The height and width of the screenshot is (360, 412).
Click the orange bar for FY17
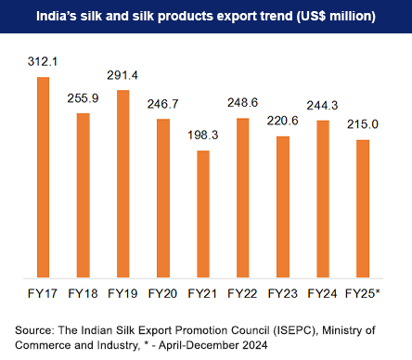click(42, 176)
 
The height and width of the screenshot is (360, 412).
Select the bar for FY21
click(202, 213)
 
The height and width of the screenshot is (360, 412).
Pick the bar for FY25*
click(362, 208)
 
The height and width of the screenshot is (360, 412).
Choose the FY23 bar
click(282, 206)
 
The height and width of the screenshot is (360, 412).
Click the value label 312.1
click(42, 62)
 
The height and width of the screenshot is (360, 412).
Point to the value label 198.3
click(202, 136)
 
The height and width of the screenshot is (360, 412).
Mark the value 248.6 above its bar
click(242, 103)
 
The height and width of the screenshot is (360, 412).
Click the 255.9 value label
click(83, 99)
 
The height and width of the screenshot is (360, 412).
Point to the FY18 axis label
click(83, 293)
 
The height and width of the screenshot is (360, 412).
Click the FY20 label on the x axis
click(162, 293)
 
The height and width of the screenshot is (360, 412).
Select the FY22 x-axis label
click(242, 293)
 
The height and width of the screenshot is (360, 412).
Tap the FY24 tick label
click(322, 293)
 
